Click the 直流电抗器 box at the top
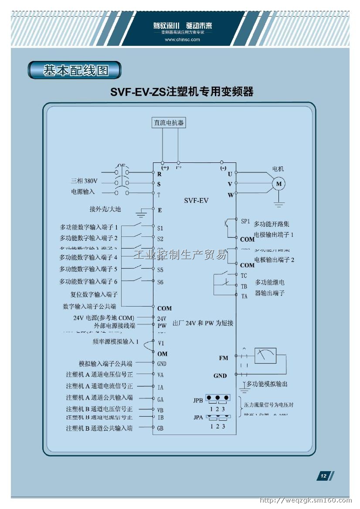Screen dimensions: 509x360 (169, 123)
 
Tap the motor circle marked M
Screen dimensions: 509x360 (278, 184)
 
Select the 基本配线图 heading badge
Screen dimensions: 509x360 (75, 70)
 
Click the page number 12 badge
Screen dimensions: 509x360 (324, 476)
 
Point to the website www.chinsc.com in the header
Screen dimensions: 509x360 (182, 40)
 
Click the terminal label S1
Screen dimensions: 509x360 (160, 228)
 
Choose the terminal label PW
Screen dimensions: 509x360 (162, 325)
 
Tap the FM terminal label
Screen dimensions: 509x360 (224, 358)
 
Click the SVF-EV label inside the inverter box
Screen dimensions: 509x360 (196, 201)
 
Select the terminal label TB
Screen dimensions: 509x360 (244, 286)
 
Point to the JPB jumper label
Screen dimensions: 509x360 (198, 400)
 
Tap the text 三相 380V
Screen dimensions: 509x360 (85, 181)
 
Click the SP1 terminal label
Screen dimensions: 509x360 (245, 221)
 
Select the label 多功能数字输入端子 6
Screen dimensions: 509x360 (88, 282)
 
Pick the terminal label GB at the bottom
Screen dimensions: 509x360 (160, 428)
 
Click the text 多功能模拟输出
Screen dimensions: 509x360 (267, 384)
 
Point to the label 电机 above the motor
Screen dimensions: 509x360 (278, 169)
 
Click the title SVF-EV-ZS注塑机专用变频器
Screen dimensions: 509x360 (182, 92)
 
